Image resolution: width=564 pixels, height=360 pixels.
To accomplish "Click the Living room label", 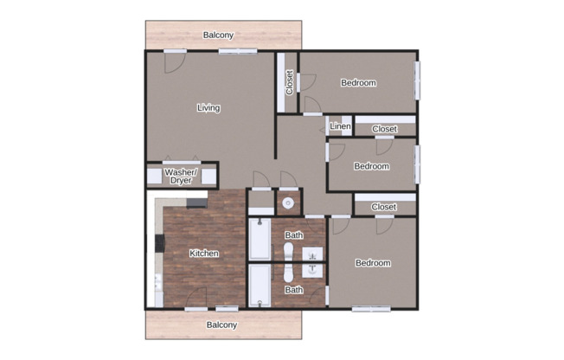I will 208,108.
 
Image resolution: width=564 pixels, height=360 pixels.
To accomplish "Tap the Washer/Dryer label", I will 181,177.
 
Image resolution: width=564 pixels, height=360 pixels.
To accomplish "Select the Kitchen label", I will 204,254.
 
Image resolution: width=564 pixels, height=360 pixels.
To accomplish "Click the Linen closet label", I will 340,126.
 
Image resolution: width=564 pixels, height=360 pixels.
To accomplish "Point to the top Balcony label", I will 218,35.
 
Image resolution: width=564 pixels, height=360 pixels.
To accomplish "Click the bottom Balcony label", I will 221,325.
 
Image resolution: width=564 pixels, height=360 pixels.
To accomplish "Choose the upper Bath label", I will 294,235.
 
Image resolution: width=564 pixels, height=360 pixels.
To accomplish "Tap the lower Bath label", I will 294,290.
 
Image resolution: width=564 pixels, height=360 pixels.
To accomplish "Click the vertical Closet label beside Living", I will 289,82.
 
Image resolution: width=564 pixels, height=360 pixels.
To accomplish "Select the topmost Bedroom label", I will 358,83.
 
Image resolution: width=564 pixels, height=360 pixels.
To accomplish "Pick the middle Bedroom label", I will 372,166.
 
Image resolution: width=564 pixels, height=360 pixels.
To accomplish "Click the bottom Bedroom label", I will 373,263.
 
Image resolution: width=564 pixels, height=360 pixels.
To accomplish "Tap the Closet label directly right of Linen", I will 384,129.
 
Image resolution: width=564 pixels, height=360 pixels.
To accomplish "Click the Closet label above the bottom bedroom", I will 383,207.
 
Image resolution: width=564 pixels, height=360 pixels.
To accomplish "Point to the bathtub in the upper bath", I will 260,240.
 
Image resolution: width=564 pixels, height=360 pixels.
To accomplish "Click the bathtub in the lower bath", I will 260,286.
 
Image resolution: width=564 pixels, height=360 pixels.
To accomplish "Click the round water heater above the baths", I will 288,203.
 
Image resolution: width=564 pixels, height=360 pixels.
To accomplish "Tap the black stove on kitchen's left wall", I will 160,243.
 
